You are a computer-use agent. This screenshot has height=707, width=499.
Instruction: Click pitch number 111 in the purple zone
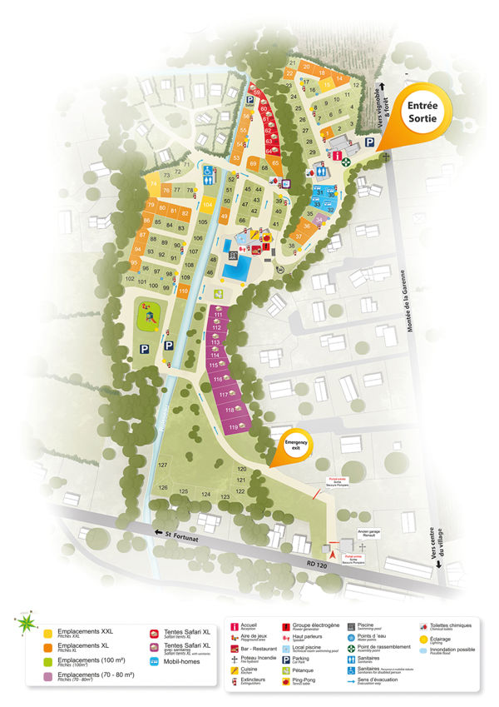pyautogui.click(x=218, y=313)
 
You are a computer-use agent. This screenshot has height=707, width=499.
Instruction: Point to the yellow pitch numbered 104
pyautogui.click(x=208, y=205)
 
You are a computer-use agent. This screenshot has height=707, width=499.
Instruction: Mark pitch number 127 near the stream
pyautogui.click(x=163, y=464)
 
